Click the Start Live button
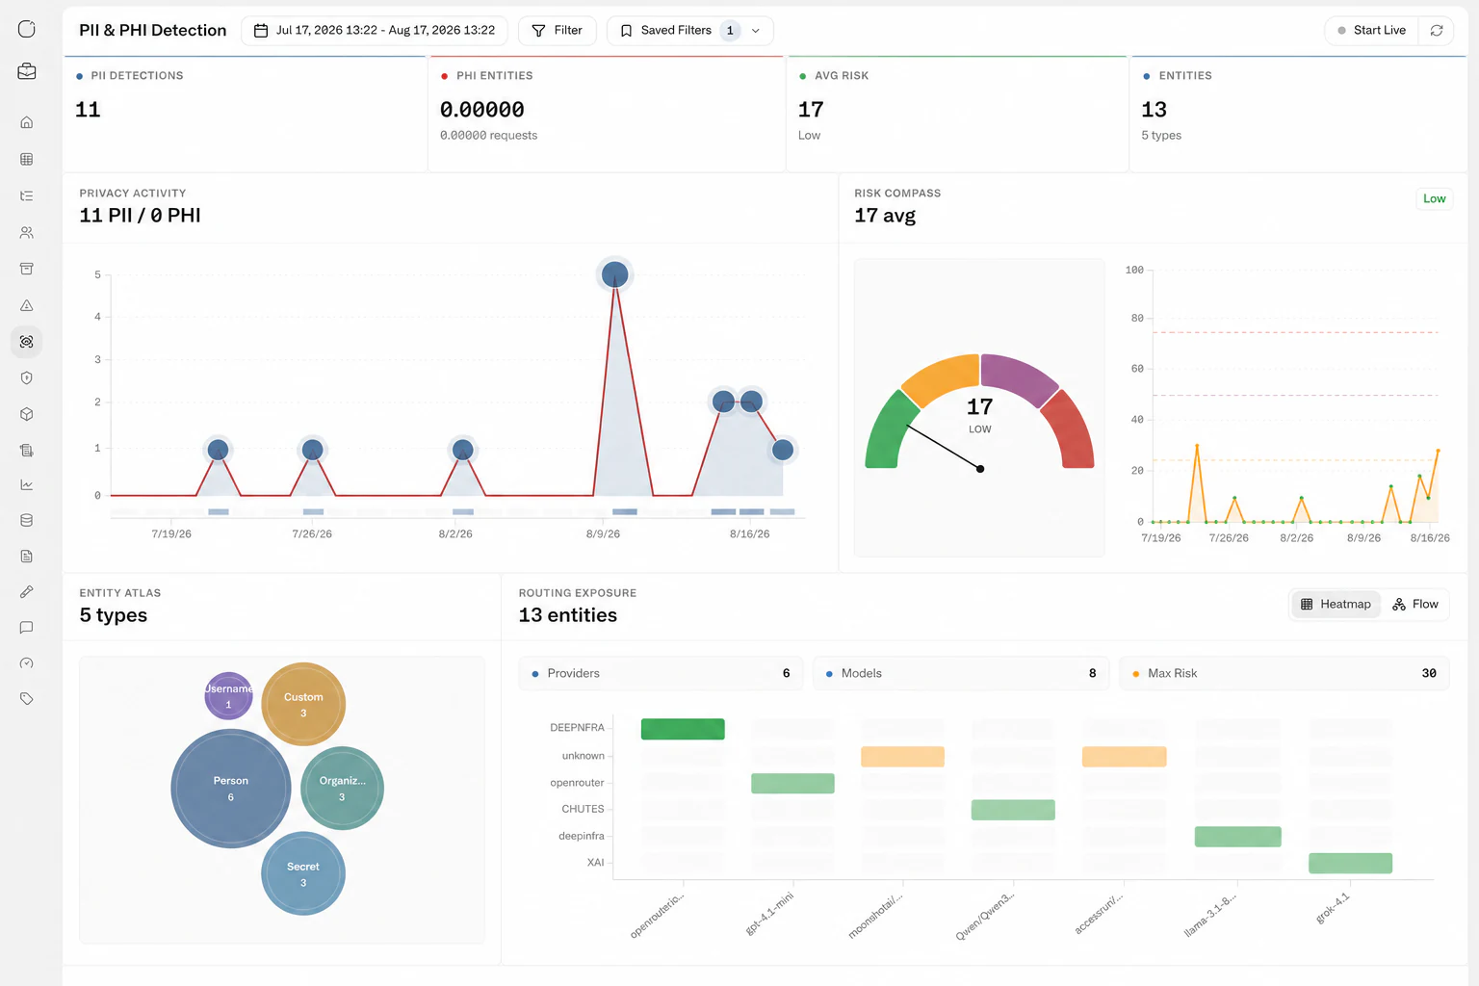1371,31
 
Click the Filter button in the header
558,31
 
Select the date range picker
375,31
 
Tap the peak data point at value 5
614,274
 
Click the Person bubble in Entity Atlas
230,788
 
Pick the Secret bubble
303,873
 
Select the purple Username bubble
228,696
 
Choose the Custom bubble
303,704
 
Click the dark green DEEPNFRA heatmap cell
683,729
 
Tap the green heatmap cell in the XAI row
1350,863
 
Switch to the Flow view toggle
1414,605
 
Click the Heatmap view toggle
1336,605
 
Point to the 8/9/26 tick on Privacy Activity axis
603,533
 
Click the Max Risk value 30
1428,673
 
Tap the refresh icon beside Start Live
1436,31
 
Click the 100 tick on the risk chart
1134,270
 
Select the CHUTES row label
583,809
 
